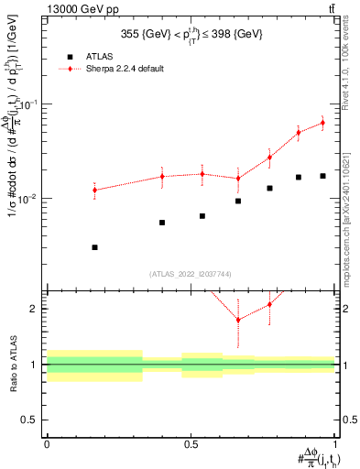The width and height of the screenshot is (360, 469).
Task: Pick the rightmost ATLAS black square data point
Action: point(322,176)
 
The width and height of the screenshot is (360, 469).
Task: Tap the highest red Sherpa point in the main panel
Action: point(322,123)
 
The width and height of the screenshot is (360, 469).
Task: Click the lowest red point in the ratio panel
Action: point(238,320)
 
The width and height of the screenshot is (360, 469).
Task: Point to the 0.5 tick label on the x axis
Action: point(191,443)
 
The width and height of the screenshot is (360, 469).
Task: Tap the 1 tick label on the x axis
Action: point(334,443)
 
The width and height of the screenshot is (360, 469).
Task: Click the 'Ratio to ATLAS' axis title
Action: point(12,365)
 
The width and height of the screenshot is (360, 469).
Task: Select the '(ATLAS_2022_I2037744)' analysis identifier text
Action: point(190,274)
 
